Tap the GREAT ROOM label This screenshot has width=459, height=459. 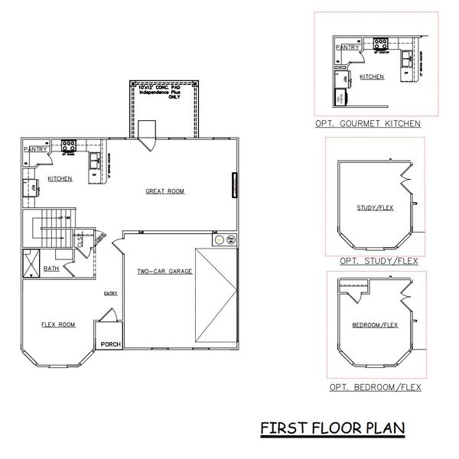pos(164,191)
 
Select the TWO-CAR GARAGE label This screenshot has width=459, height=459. pos(164,272)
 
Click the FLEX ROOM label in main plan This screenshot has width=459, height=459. pos(58,324)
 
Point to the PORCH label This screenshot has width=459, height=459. pos(111,344)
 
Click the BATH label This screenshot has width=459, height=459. pos(51,269)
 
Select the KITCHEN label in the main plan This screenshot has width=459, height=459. pos(60,178)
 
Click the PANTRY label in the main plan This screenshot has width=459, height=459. pos(35,149)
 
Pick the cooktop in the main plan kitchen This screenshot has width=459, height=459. pos(68,143)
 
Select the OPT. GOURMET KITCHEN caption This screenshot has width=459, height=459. pos(366,123)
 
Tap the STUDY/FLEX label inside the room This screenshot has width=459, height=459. pos(375,207)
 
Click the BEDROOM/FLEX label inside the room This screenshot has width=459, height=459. pos(374,325)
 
